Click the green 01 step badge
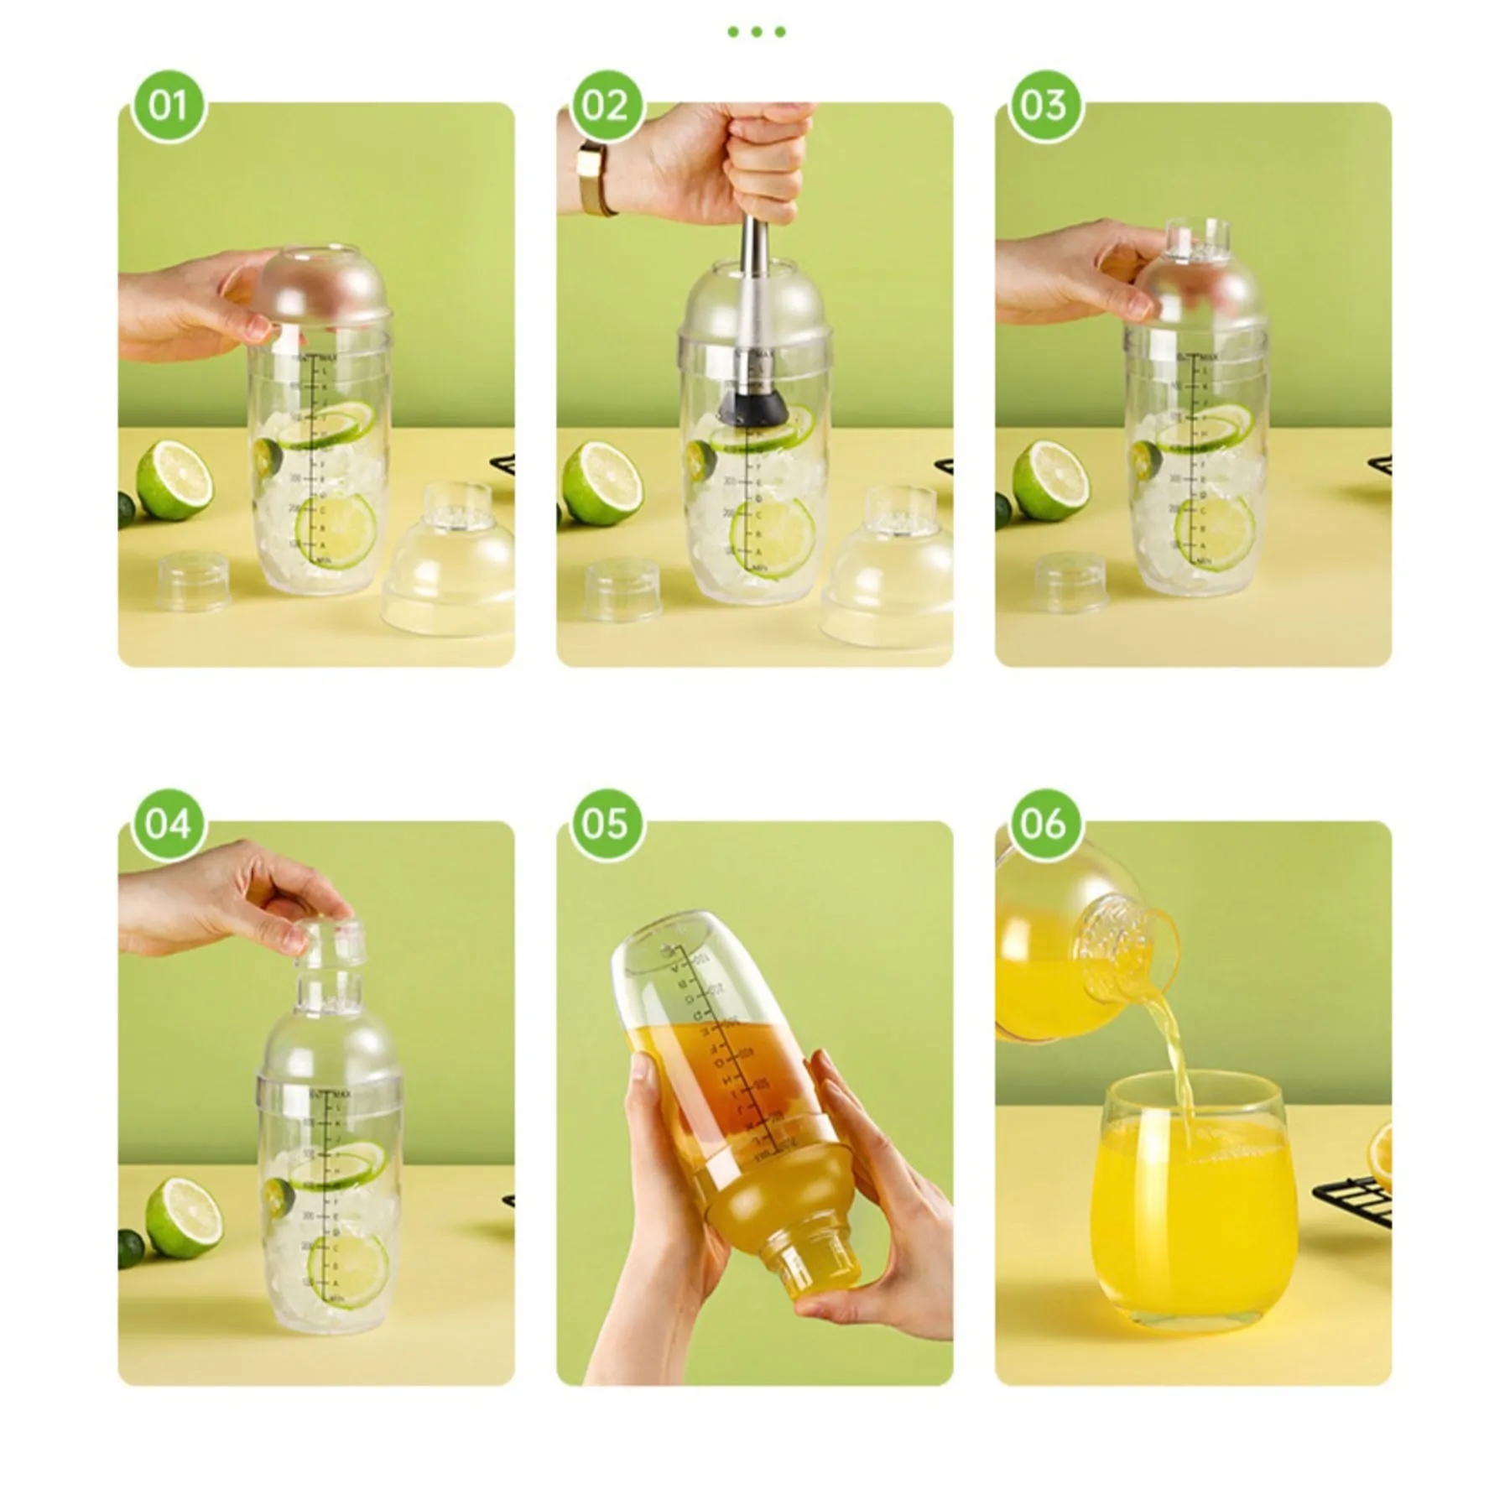click(x=168, y=107)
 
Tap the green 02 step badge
click(x=606, y=107)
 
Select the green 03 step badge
click(x=1044, y=107)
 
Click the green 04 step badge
click(x=168, y=825)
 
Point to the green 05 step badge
click(x=606, y=825)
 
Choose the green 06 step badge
click(x=1044, y=825)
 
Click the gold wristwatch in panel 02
click(x=595, y=178)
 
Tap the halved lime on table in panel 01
click(x=174, y=479)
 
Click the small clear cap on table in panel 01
click(x=194, y=581)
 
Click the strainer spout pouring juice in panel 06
click(x=1124, y=948)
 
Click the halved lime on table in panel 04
click(x=184, y=1216)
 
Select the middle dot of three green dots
click(x=756, y=32)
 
